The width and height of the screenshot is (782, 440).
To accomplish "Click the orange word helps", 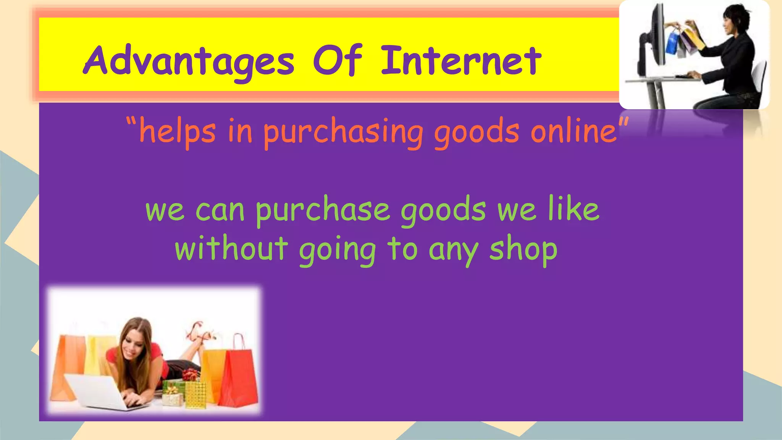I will coord(178,132).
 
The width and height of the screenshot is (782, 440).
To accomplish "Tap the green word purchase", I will coord(323,211).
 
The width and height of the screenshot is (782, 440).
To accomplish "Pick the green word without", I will coord(231,249).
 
